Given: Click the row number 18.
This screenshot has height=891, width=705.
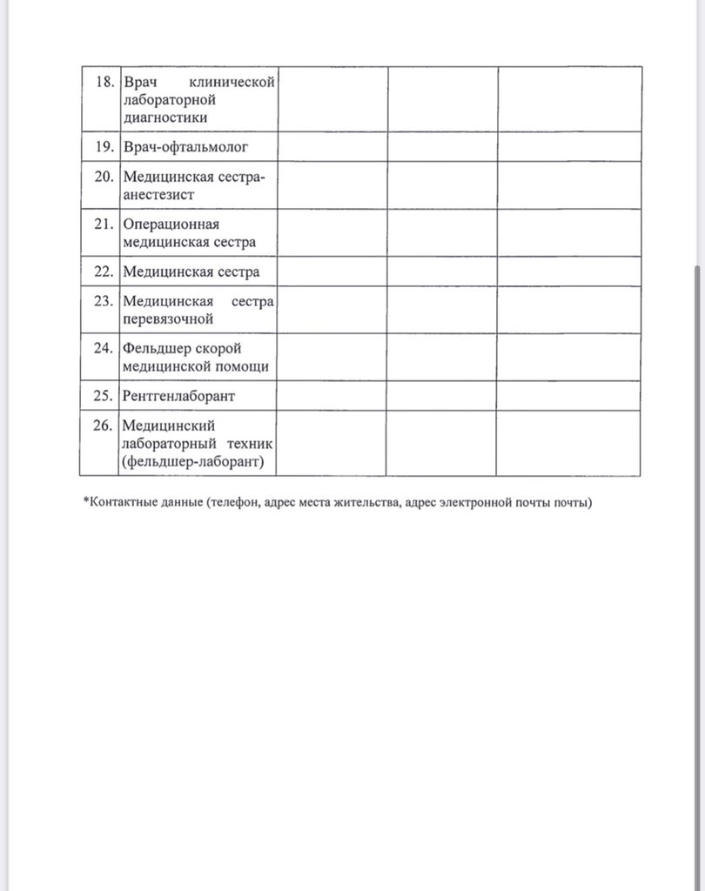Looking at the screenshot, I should coord(103,82).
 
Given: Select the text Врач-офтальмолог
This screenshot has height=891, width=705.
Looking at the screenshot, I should coord(185,147).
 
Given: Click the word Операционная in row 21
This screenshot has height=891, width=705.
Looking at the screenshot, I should coord(171,224).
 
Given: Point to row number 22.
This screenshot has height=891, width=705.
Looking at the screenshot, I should coord(103,271).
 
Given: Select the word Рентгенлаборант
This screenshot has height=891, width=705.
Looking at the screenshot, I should coord(179,396).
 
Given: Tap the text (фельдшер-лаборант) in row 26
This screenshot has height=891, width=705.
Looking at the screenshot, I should coord(192,462).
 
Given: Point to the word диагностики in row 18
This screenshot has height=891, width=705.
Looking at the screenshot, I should coord(165,117).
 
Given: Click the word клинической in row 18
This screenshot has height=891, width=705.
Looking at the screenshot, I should coord(232,82).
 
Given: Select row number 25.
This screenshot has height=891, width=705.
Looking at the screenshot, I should coord(103,396).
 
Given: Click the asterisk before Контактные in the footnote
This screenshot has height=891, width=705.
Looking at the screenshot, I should coord(86,501).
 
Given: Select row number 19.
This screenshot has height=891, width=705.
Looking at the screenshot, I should coord(103,147).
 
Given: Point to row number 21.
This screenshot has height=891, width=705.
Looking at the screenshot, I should coord(103,224).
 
